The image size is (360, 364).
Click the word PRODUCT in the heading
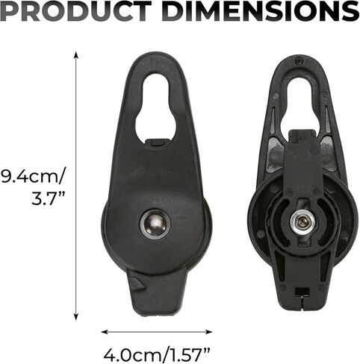click(77, 11)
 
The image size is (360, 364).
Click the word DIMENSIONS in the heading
click(262, 11)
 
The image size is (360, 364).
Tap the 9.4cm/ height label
click(32, 178)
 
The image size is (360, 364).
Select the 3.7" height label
click(49, 198)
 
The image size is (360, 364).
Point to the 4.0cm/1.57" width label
click(157, 354)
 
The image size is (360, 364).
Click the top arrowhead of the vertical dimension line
click(76, 55)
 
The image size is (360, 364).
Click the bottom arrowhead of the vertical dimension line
click(76, 316)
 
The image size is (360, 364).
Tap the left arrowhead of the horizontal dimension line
click(105, 332)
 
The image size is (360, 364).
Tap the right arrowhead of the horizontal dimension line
click(208, 332)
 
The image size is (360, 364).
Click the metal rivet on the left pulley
click(155, 224)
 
